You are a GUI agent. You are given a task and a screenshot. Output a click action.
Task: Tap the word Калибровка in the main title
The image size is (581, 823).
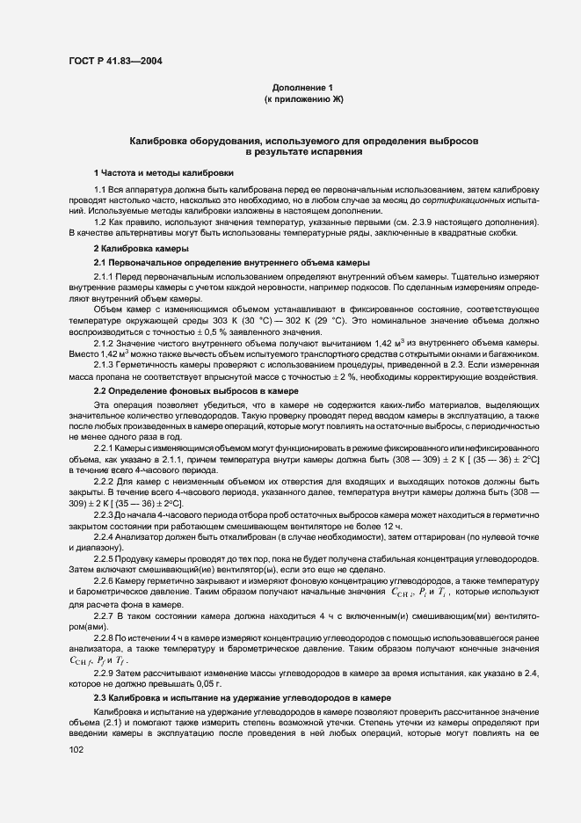(x=159, y=141)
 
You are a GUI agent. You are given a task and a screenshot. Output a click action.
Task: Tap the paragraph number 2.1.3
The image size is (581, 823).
(x=105, y=365)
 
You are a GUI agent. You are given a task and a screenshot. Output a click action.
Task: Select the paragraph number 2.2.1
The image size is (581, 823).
(x=105, y=448)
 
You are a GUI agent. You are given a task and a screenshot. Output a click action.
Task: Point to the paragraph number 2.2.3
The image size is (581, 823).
(x=105, y=513)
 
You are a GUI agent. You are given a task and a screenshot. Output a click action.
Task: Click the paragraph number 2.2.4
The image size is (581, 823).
(x=105, y=536)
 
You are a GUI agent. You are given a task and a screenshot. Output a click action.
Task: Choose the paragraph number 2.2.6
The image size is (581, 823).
(x=105, y=580)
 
